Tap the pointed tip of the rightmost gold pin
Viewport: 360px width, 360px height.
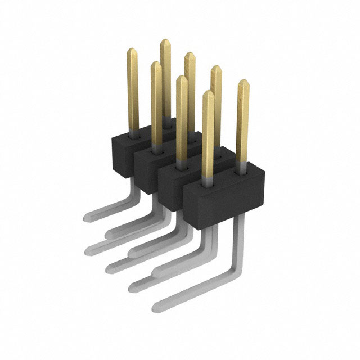tap(243, 84)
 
